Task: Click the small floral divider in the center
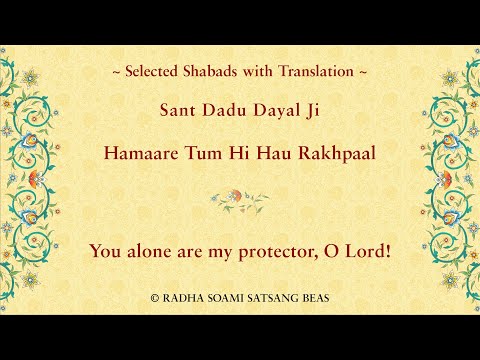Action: pyautogui.click(x=240, y=197)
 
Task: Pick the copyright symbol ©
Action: pyautogui.click(x=154, y=298)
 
